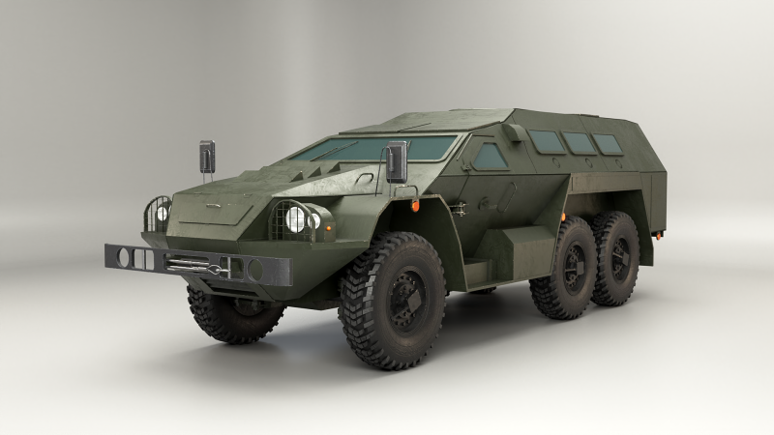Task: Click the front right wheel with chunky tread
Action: pos(392,300)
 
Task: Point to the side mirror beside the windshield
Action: pos(397,161)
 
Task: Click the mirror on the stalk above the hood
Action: pos(207,156)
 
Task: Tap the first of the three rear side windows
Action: pos(549,142)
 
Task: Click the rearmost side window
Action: pos(609,144)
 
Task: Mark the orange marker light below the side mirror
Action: pos(414,206)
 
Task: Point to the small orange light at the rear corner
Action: pos(660,233)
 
